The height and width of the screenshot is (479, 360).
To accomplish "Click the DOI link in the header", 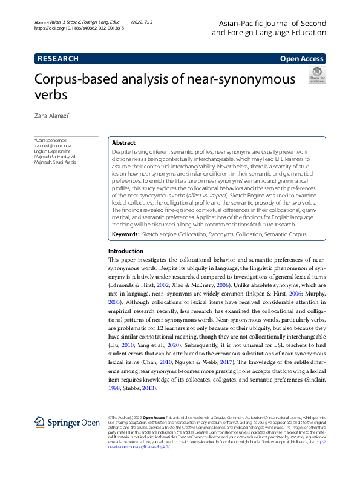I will pyautogui.click(x=79, y=28).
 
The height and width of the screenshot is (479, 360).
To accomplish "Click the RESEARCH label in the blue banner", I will pyautogui.click(x=58, y=59).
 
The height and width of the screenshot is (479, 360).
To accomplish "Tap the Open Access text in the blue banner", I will pyautogui.click(x=301, y=59).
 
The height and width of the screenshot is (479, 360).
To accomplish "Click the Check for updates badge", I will pyautogui.click(x=317, y=76).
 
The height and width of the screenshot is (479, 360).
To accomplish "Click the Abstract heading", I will pyautogui.click(x=123, y=143).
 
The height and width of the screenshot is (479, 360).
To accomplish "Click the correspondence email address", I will pyautogui.click(x=53, y=146).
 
